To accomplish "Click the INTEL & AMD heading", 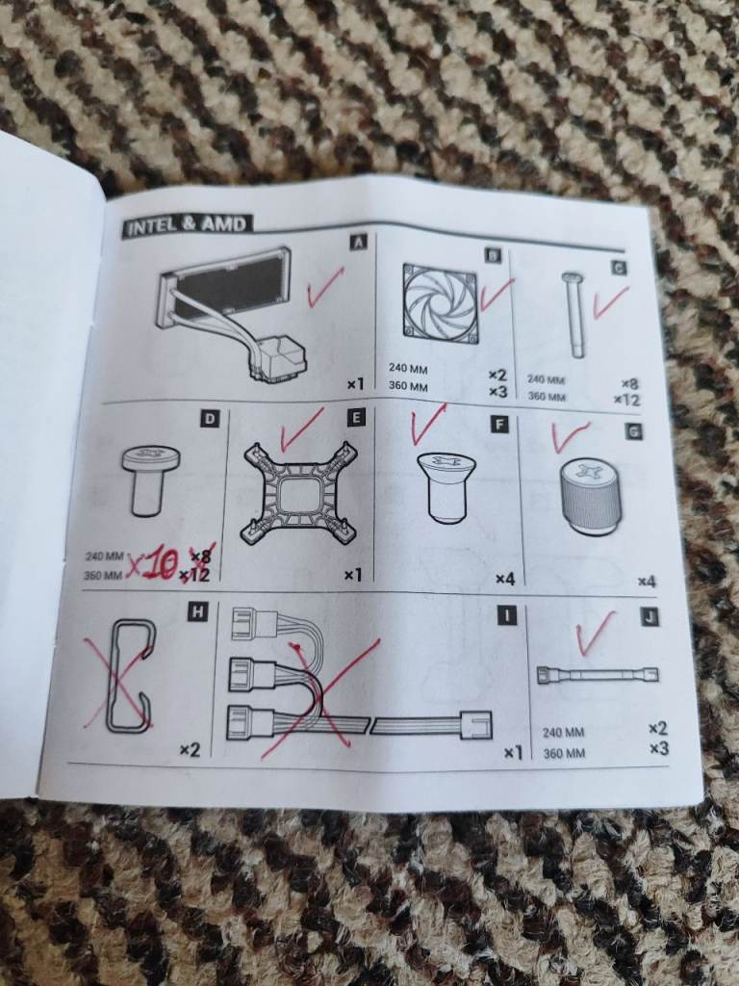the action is click(x=187, y=225).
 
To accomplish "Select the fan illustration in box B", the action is click(x=441, y=303).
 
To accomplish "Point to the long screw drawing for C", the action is click(x=573, y=314).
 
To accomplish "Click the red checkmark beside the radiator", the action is click(x=325, y=287).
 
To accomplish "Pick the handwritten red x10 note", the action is click(x=151, y=563).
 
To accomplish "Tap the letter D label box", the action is click(x=210, y=419).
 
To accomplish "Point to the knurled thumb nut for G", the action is click(x=590, y=497).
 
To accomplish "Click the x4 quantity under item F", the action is click(x=505, y=579).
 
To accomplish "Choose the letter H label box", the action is click(x=197, y=611).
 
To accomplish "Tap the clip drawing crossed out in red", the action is click(x=130, y=676).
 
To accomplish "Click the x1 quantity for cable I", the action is click(x=513, y=752).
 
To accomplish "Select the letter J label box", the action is click(x=650, y=617).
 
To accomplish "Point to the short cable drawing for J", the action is click(x=598, y=675).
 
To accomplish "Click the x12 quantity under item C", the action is click(x=626, y=400).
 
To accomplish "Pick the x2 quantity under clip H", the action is click(x=190, y=749).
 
